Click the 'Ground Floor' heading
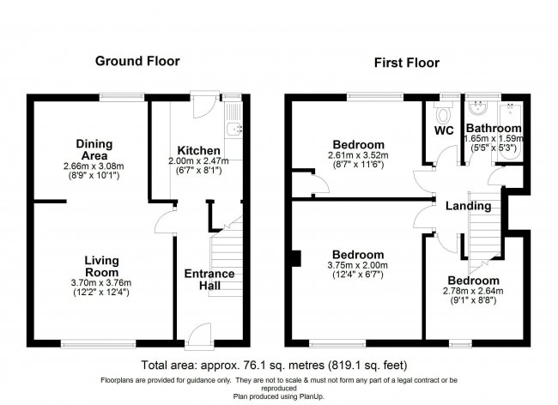137,61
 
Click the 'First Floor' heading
407,63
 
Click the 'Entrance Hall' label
209,280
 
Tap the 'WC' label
444,131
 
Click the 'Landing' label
468,206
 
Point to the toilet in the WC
444,113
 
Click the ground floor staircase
225,253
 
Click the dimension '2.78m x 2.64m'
472,293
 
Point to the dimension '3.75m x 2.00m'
358,266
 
